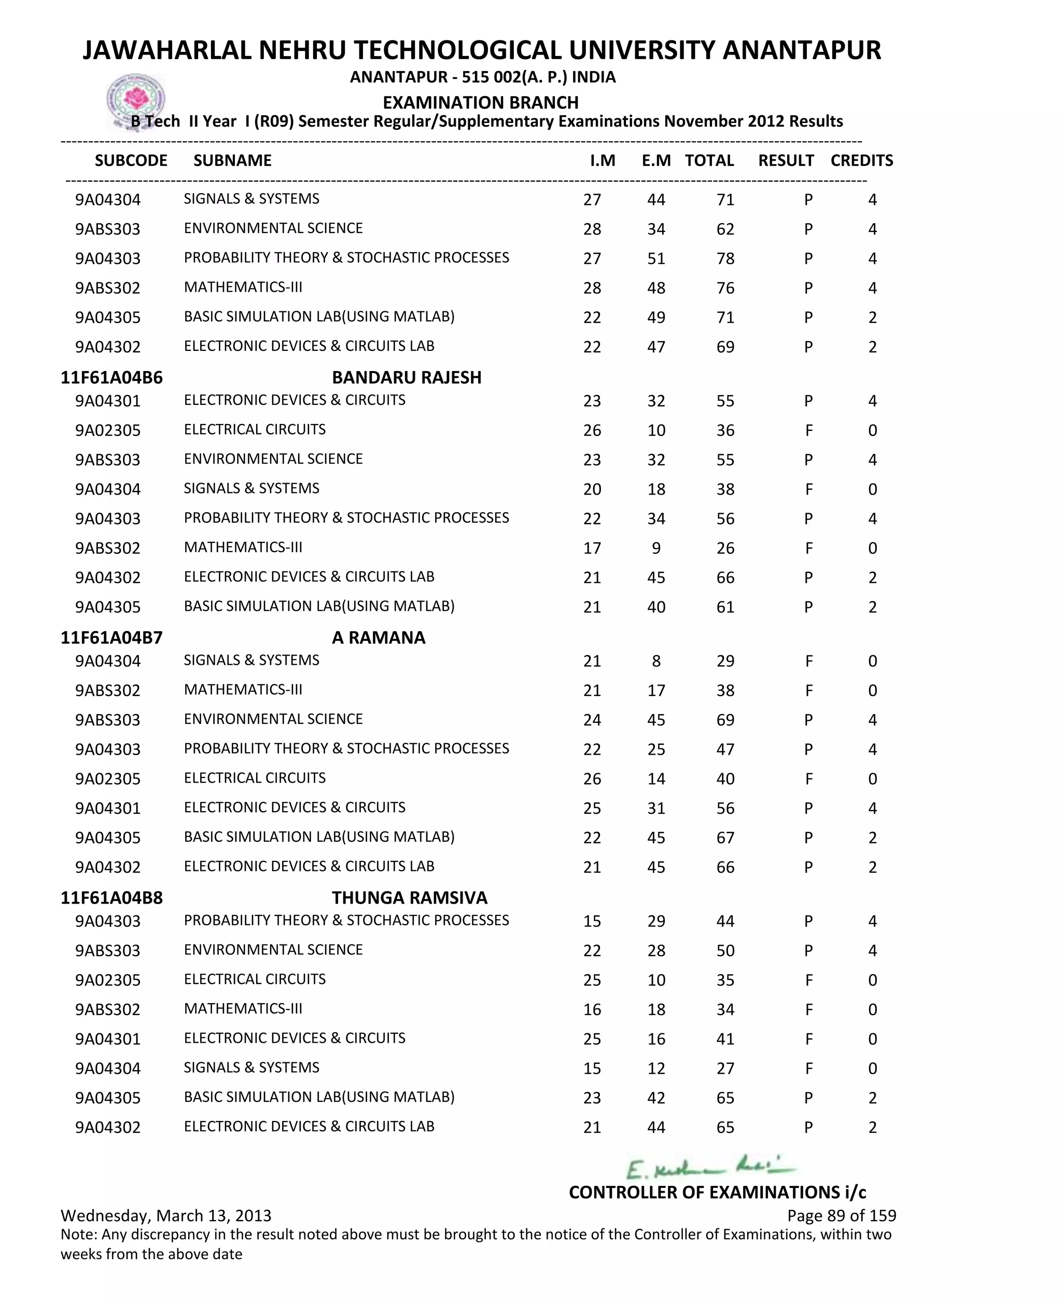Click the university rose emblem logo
(136, 100)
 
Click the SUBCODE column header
(131, 160)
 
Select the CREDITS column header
(861, 160)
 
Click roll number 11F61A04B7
(111, 637)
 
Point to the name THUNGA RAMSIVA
(409, 897)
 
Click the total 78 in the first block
(725, 258)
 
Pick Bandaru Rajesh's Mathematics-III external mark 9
(656, 548)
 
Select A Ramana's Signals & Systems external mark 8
(656, 661)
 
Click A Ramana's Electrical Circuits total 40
(725, 778)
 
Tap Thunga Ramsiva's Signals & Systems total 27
(725, 1068)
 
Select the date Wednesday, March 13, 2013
(166, 1215)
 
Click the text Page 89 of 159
(841, 1215)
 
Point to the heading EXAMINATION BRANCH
(480, 102)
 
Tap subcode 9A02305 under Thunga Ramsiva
(108, 980)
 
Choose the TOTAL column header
(709, 160)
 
